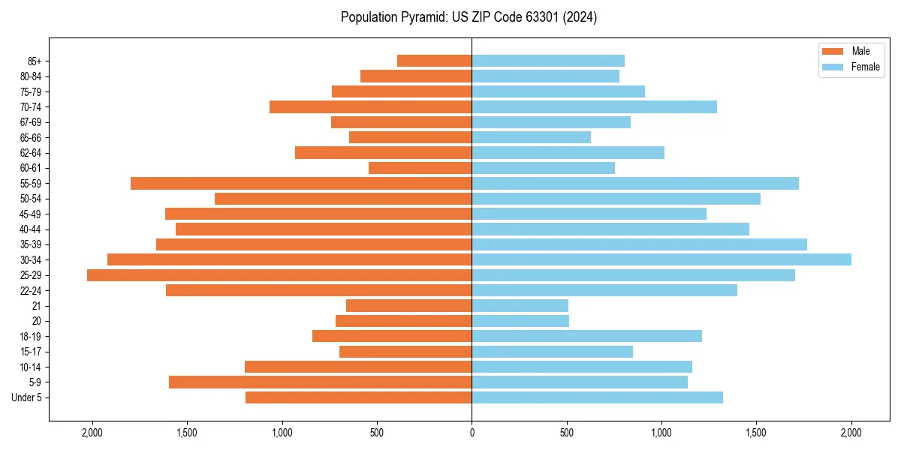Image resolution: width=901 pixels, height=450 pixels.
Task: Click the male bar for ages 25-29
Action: pos(279,275)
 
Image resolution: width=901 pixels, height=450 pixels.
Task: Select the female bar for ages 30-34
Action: pos(661,259)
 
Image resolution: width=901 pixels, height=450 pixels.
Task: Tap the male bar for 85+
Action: pos(434,61)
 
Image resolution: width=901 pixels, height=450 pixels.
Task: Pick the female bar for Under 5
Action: pos(597,397)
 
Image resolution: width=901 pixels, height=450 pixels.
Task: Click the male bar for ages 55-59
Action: pos(301,183)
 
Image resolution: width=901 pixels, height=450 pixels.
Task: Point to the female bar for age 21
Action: pos(520,306)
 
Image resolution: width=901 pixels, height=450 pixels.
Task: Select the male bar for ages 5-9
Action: pos(320,382)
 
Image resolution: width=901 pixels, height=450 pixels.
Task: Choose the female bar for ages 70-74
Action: pos(594,106)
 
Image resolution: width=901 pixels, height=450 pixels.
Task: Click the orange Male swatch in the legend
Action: pos(833,51)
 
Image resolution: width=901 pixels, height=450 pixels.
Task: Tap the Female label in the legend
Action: pos(865,67)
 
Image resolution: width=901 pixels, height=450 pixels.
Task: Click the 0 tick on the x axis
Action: pos(472,432)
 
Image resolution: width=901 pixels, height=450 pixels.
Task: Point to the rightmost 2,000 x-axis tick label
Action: pos(851,432)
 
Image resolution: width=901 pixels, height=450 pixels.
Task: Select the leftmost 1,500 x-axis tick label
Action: pos(187,432)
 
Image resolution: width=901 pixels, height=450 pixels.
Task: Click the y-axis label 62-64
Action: pos(31,153)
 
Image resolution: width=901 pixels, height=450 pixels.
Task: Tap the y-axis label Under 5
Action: pos(27,397)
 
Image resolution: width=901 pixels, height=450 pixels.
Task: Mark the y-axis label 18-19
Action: pos(31,337)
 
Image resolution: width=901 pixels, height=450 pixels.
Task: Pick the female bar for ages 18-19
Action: pos(586,336)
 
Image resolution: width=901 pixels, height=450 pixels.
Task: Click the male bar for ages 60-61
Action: pos(420,168)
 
